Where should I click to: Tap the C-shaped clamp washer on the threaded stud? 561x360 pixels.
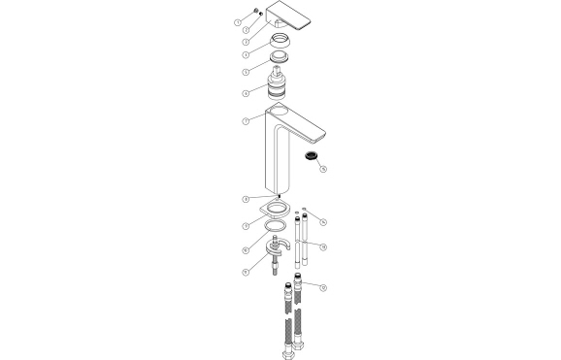[277, 249]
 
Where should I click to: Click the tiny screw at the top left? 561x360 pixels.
[255, 14]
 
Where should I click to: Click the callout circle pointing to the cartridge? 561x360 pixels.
[246, 93]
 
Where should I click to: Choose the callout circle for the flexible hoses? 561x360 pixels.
[323, 287]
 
